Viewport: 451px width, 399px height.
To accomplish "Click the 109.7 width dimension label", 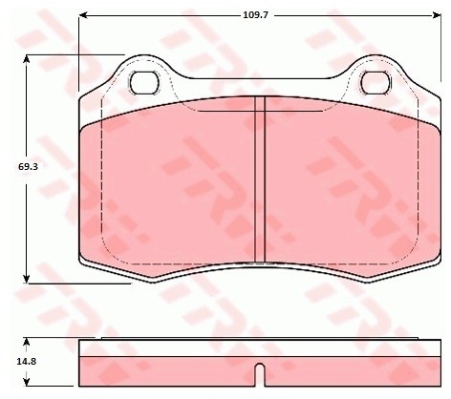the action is (x=256, y=15).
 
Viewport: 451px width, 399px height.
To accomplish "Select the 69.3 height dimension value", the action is (x=28, y=166).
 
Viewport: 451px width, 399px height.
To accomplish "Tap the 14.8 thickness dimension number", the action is (x=27, y=361).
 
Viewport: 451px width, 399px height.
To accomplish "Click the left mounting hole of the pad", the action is (x=144, y=83).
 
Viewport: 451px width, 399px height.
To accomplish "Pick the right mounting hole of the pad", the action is (x=376, y=83).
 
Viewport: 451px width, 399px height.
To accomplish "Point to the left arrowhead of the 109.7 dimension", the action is (x=83, y=15).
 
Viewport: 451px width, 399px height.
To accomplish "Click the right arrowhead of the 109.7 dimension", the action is (x=437, y=15).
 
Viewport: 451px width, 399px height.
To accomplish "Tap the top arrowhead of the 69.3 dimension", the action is (x=27, y=59).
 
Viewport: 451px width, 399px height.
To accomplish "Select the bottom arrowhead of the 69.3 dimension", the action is (x=27, y=279).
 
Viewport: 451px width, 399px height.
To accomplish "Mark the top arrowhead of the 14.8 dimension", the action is (x=27, y=343).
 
